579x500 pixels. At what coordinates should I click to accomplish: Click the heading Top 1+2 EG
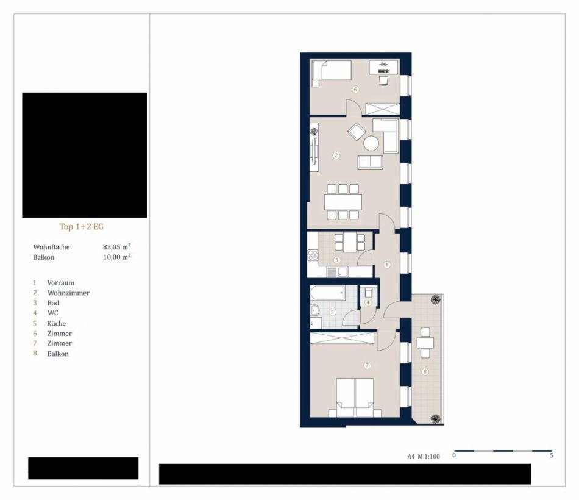tap(82, 227)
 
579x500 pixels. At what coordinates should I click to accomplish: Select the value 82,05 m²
tap(116, 246)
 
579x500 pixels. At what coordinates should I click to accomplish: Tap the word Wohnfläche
tap(51, 247)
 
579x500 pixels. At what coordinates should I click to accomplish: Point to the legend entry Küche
tap(57, 323)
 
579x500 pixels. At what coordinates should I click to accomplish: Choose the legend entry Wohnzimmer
tap(68, 293)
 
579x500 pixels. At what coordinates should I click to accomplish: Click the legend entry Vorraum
tap(60, 283)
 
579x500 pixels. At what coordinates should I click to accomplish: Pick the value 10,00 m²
tap(116, 257)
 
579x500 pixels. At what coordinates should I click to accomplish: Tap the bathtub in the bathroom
tap(328, 293)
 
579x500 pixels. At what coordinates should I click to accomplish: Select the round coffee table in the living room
tap(371, 143)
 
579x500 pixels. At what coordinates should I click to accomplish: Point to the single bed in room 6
tap(332, 71)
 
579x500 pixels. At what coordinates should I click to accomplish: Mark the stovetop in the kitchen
tap(313, 255)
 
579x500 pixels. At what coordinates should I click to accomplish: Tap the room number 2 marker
tap(336, 155)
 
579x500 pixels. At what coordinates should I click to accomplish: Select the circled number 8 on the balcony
tap(425, 372)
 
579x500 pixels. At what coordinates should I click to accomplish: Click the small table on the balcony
tap(425, 343)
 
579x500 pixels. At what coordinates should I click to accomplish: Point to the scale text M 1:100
tap(428, 456)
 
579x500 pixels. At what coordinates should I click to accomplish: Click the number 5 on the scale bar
tap(552, 455)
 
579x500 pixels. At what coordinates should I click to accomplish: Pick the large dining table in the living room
tap(343, 202)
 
